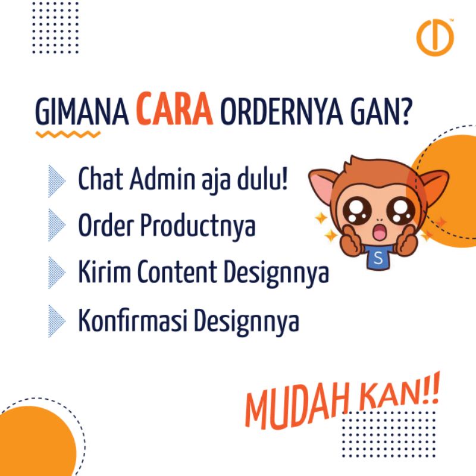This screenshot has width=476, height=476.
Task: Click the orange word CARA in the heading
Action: point(174,109)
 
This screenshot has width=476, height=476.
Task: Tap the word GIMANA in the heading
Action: point(82,111)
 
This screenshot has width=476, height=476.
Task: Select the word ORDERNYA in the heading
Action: point(281,111)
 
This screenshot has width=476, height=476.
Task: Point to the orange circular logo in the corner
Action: point(435,37)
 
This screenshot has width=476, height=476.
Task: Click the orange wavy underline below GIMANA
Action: point(68,134)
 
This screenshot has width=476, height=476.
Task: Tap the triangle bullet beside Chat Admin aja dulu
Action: point(57,181)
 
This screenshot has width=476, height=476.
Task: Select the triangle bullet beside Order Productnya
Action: point(57,225)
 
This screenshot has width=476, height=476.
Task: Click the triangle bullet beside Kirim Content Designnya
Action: point(57,273)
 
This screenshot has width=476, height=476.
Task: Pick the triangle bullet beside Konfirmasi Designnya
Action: point(57,321)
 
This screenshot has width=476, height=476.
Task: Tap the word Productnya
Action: point(198,226)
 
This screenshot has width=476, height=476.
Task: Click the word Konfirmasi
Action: point(132,320)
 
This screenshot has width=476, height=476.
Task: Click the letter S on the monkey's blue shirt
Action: point(378,258)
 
